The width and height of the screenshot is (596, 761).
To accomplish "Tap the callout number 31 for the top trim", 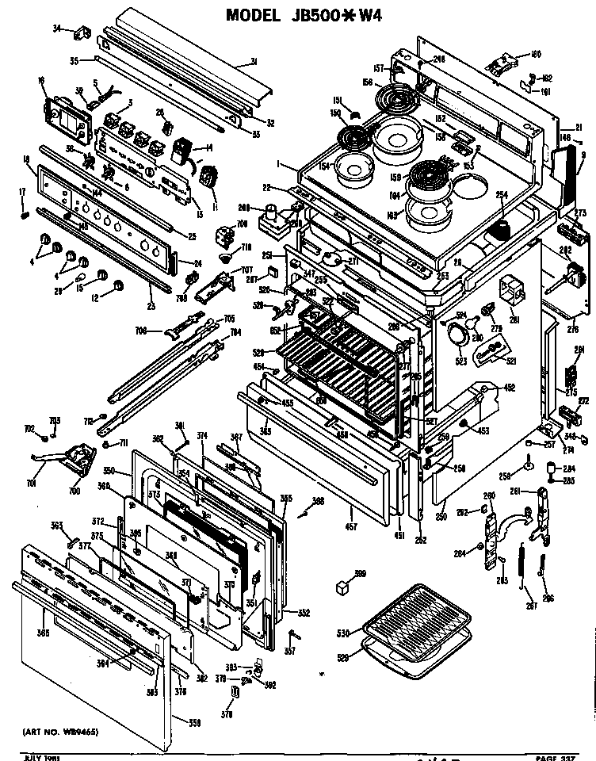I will pos(254,63).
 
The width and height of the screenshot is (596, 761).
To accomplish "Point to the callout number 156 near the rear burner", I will pos(366,82).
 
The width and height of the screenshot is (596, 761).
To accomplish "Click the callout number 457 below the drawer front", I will pos(350,526).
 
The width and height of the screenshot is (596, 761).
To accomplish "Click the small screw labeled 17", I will pos(24,212).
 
